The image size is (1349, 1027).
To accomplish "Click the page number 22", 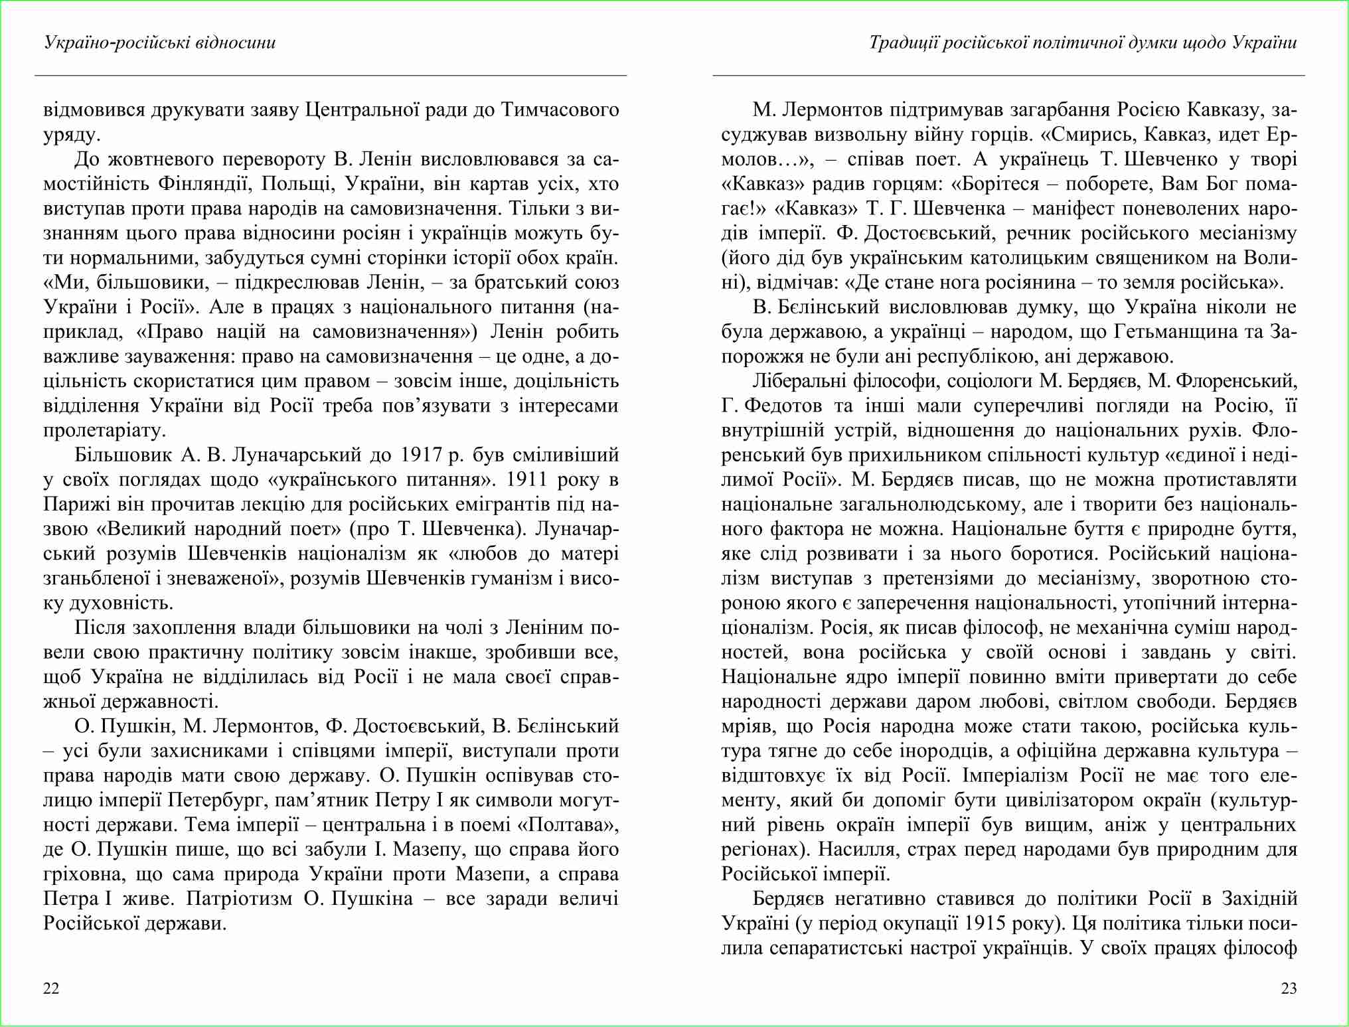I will pos(51,988).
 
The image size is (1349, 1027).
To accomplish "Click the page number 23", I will pos(1289,988).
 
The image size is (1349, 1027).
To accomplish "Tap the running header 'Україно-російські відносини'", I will pos(159,42).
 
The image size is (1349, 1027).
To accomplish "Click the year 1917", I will pos(421,455).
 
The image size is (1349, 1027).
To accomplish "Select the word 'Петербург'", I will pos(218,800).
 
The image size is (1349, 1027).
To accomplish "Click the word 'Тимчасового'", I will pos(560,110).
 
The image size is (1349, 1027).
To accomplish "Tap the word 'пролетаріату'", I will pos(104,430).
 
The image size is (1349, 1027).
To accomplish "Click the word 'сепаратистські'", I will pos(840,948).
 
